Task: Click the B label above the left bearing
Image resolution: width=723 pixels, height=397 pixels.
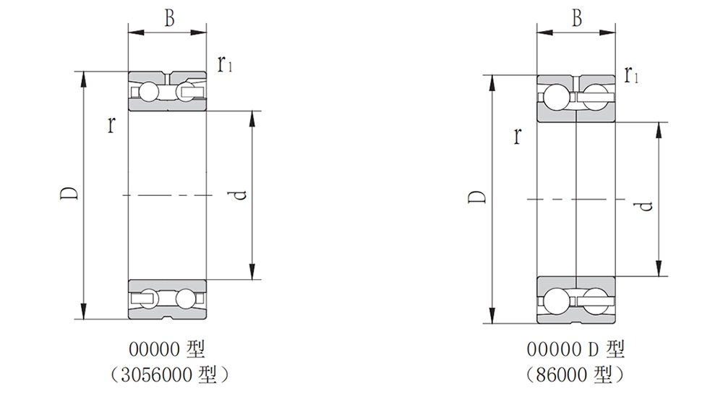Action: [x=168, y=18]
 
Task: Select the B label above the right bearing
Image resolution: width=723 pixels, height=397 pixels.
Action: [x=576, y=19]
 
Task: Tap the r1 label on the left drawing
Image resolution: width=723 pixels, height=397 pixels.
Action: [x=225, y=65]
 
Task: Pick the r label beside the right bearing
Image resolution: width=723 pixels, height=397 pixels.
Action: [x=518, y=135]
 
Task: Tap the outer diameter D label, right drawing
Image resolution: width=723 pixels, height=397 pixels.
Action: [x=476, y=197]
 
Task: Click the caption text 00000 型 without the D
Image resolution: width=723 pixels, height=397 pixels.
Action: [x=167, y=350]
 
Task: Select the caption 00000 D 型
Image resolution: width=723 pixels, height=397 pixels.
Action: [x=576, y=350]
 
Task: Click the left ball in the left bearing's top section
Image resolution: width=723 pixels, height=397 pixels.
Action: [x=147, y=91]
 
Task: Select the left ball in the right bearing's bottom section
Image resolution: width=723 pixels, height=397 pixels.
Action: [x=556, y=300]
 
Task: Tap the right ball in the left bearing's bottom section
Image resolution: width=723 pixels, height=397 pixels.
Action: [x=187, y=298]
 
